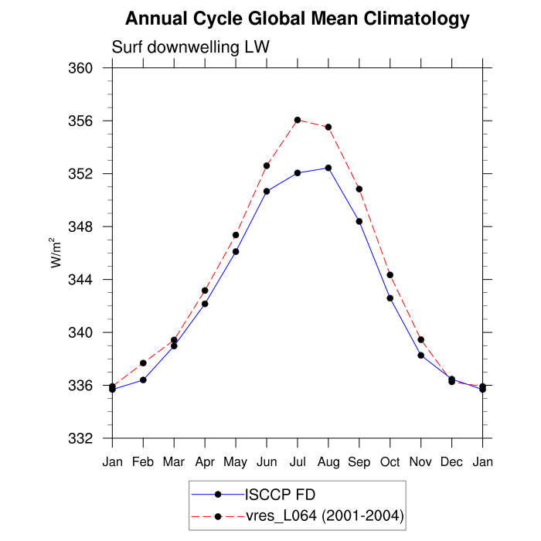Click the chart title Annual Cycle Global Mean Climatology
(297, 18)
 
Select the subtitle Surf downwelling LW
(190, 47)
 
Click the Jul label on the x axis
(298, 462)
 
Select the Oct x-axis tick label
(390, 462)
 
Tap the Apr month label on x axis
(205, 462)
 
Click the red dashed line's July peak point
(298, 120)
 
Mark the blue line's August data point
(328, 168)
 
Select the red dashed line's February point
(143, 362)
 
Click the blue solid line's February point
(143, 379)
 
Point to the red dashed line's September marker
(359, 189)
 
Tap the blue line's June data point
(267, 191)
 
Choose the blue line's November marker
(421, 356)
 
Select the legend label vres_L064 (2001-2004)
(324, 515)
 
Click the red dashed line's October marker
(390, 274)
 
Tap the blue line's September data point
(359, 221)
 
